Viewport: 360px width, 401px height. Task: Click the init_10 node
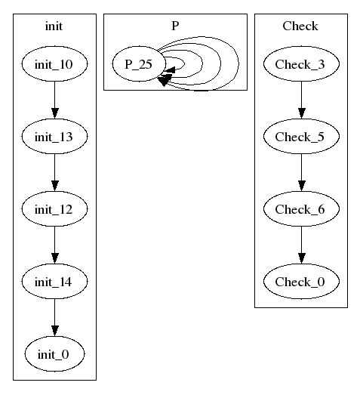[x=54, y=64]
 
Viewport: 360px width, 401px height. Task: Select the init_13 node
[x=54, y=136]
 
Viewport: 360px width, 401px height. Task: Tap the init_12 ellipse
[x=54, y=209]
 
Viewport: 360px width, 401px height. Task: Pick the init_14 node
[x=54, y=282]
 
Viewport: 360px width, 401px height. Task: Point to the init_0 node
[x=54, y=354]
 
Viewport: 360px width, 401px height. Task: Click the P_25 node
[x=139, y=64]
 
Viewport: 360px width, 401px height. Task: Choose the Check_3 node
[x=301, y=64]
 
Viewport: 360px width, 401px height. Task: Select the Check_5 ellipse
[x=301, y=136]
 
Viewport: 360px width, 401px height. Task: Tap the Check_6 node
[x=301, y=209]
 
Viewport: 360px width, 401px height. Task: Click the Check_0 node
[x=301, y=282]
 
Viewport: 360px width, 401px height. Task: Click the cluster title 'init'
[x=54, y=26]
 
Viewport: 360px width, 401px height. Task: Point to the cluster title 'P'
[x=175, y=26]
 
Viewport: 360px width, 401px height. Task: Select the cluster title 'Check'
[x=300, y=26]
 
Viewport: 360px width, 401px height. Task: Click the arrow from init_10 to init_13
[x=54, y=100]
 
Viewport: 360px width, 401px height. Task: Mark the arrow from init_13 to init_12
[x=54, y=172]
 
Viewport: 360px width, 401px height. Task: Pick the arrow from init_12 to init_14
[x=54, y=245]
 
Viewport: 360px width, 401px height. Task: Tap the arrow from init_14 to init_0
[x=54, y=317]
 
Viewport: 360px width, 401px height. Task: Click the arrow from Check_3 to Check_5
[x=301, y=100]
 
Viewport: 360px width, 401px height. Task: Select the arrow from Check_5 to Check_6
[x=301, y=172]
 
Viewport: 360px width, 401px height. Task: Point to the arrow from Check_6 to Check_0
[x=301, y=245]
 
